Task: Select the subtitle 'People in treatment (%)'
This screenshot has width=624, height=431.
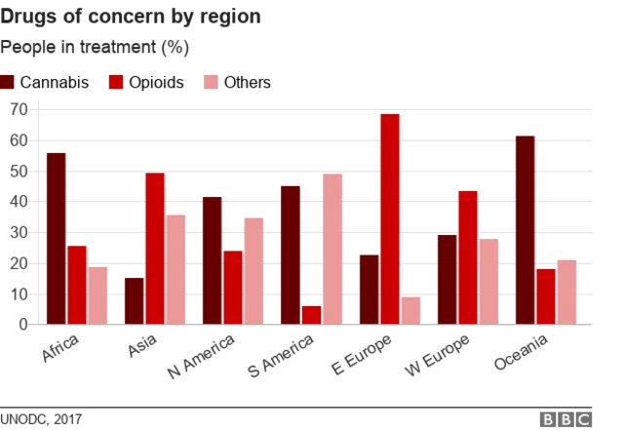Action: coord(95,47)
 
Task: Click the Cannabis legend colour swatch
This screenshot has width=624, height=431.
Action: coord(9,82)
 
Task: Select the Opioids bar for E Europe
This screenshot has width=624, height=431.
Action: coord(389,219)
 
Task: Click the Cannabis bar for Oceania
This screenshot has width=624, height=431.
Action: coord(525,230)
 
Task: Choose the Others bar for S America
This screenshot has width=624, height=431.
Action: coord(331,249)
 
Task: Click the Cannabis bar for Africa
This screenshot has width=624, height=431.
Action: coord(56,238)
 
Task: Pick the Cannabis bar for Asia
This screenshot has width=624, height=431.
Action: coord(134,301)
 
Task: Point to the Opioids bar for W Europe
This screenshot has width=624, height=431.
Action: coord(467,257)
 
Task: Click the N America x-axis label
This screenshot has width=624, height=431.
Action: coord(204,357)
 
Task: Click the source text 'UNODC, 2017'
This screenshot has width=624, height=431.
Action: coord(41,418)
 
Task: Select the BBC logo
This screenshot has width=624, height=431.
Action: coord(566,418)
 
